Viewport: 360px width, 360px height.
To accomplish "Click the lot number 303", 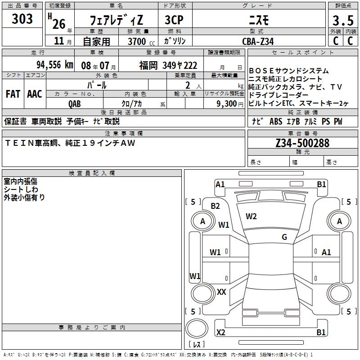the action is pyautogui.click(x=22, y=19).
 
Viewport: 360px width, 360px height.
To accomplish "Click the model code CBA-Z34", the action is pyautogui.click(x=257, y=41).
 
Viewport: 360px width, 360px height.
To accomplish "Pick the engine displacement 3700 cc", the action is pyautogui.click(x=139, y=41).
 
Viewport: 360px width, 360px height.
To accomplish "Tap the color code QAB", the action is pyautogui.click(x=75, y=103).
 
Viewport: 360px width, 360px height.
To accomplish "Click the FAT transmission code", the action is pyautogui.click(x=13, y=94).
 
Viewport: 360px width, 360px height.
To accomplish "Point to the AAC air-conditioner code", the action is pyautogui.click(x=34, y=94).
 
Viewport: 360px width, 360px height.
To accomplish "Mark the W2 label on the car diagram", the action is pyautogui.click(x=251, y=216).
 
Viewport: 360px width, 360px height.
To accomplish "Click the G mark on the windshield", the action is pyautogui.click(x=284, y=237).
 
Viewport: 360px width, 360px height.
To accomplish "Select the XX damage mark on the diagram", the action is pyautogui.click(x=221, y=292).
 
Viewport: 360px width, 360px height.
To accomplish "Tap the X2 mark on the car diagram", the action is pyautogui.click(x=220, y=333).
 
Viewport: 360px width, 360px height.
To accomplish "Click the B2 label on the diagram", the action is pyautogui.click(x=216, y=206).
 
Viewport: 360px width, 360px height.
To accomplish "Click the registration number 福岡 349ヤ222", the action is pyautogui.click(x=168, y=65).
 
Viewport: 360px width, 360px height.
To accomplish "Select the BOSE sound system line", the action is pyautogui.click(x=288, y=71).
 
